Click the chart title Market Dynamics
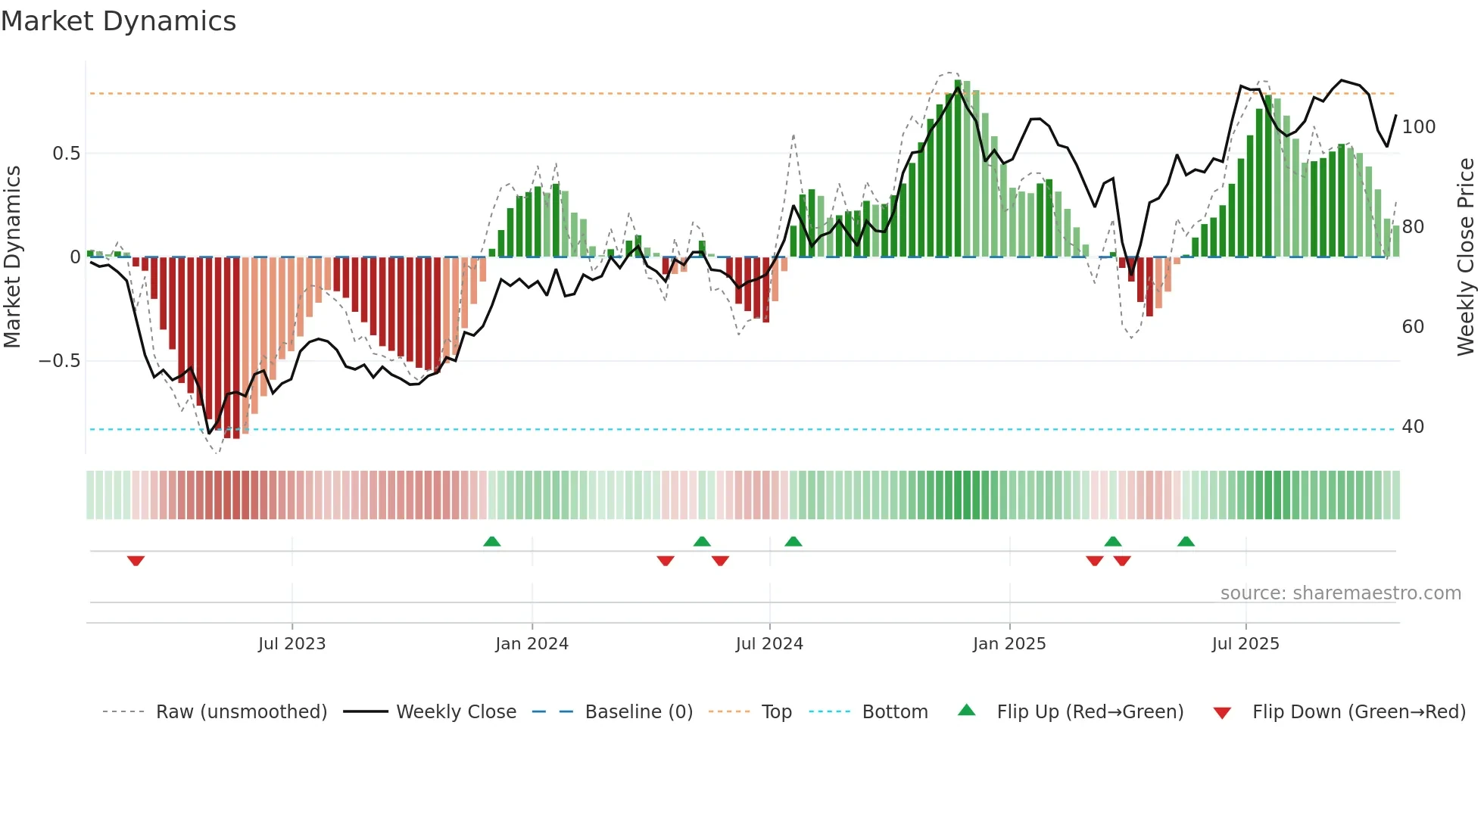coord(118,21)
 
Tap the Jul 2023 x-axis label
coord(291,644)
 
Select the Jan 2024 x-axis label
coord(532,644)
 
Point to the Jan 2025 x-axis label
coord(1009,644)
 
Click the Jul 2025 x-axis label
coord(1245,644)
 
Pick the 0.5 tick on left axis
coord(66,154)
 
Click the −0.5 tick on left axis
coord(60,361)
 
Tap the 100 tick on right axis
coord(1418,127)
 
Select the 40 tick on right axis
coord(1413,427)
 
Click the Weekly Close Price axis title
coord(1466,257)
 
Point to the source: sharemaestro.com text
coord(1340,593)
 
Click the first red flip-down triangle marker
coord(136,561)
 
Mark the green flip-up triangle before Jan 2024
coord(491,541)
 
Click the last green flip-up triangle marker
coord(1186,541)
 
